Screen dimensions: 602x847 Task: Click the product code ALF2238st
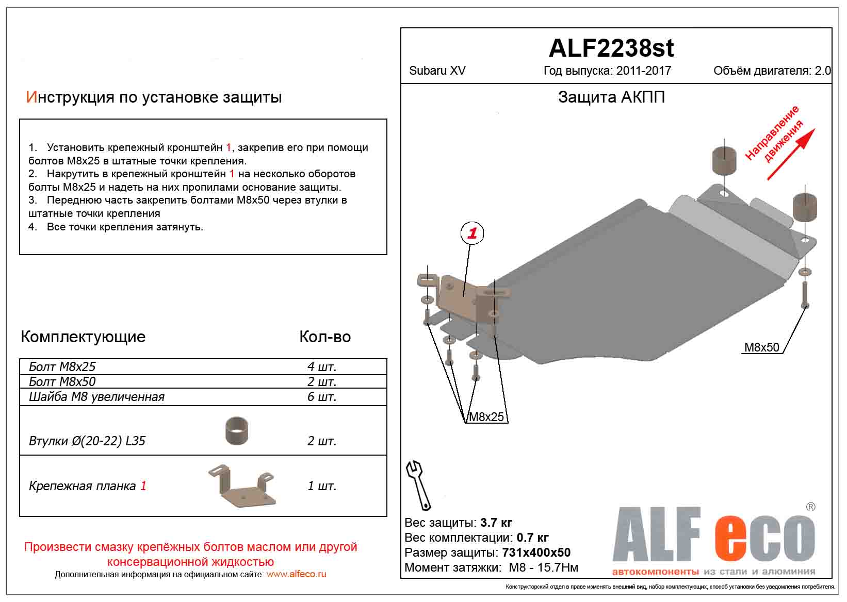[x=611, y=48]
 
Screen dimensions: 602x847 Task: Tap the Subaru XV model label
[x=437, y=71]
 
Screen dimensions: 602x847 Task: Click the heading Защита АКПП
[x=611, y=97]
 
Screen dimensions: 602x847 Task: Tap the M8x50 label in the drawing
[x=761, y=347]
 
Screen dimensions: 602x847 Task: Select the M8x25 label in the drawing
[x=485, y=416]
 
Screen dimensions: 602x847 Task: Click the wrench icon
[x=419, y=484]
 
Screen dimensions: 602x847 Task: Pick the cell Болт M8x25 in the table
[x=62, y=366]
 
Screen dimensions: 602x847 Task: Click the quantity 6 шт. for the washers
[x=322, y=396]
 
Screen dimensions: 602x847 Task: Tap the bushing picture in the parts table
[x=236, y=430]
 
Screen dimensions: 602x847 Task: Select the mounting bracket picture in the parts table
[x=242, y=486]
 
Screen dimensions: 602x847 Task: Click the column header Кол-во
[x=325, y=337]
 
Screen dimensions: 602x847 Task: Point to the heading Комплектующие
[x=83, y=337]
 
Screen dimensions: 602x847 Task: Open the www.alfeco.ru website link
[x=296, y=574]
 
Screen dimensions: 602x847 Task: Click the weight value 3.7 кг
[x=496, y=523]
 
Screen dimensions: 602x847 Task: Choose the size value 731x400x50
[x=536, y=553]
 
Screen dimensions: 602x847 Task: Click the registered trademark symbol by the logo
[x=810, y=507]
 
